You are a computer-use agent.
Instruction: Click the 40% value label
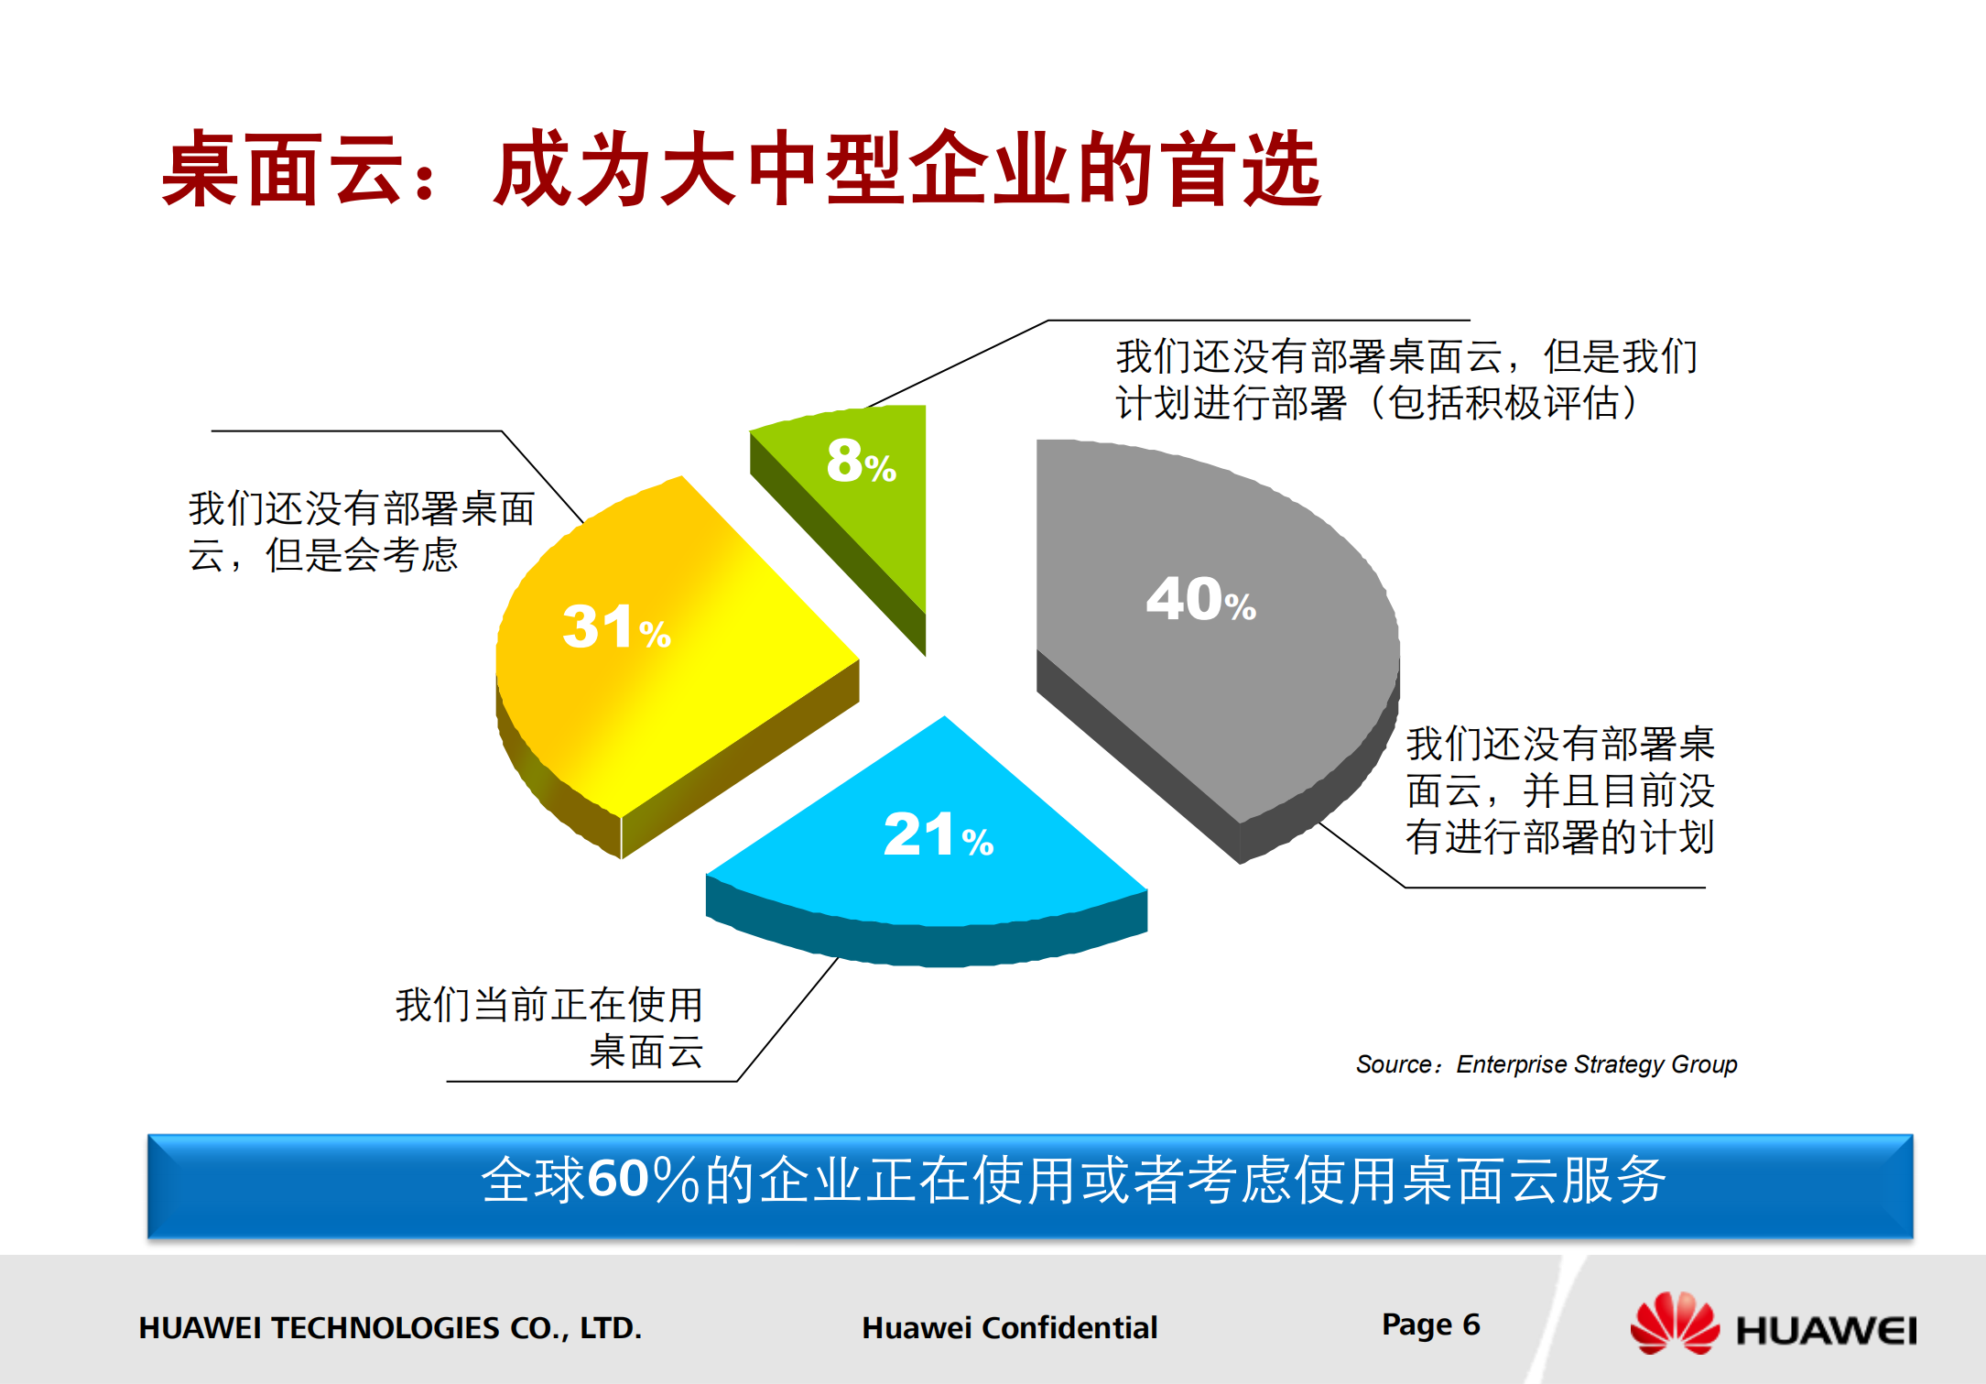[x=1200, y=600]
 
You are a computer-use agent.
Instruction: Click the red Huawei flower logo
[x=1674, y=1324]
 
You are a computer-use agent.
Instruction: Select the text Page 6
[x=1430, y=1324]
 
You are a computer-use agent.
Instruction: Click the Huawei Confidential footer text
[x=1009, y=1327]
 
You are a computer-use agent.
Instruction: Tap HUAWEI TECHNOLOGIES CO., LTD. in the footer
[x=390, y=1327]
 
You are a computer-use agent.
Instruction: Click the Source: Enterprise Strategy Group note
[x=1546, y=1064]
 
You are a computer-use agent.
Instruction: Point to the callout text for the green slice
[x=1405, y=379]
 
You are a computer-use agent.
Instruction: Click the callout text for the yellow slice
[x=361, y=531]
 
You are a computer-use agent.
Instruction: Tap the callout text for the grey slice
[x=1559, y=790]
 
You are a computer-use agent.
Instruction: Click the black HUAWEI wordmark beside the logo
[x=1826, y=1330]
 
